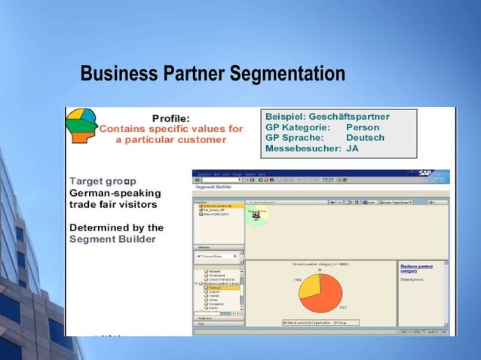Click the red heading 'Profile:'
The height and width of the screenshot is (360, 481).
[x=170, y=118]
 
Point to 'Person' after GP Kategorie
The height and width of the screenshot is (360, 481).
[x=363, y=127]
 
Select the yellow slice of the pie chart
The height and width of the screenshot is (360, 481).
[x=310, y=287]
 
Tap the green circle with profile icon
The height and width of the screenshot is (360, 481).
[x=256, y=215]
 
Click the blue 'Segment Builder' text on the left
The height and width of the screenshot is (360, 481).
[x=112, y=239]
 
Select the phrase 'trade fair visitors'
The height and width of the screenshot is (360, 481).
[x=113, y=204]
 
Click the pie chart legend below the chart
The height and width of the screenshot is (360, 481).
[x=318, y=322]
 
